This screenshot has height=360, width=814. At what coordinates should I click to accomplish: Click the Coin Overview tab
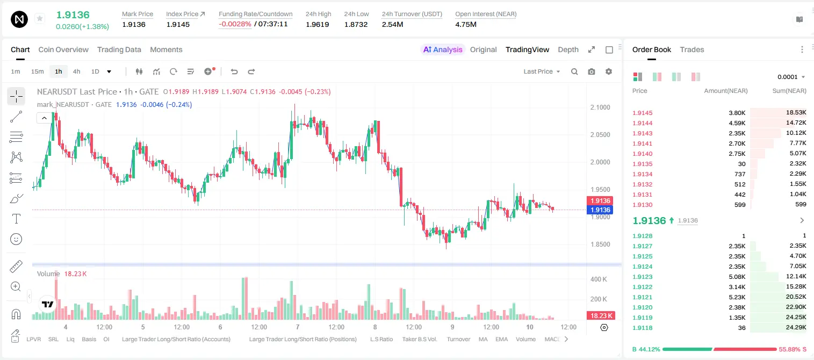point(63,49)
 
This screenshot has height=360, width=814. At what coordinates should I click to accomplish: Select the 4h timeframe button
point(76,71)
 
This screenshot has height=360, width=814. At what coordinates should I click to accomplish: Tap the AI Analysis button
point(443,49)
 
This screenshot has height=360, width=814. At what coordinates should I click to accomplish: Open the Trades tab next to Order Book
point(691,49)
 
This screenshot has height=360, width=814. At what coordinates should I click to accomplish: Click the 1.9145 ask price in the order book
point(642,113)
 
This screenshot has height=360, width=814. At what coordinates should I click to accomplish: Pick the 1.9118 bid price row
point(642,328)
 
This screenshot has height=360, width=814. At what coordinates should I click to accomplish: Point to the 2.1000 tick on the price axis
point(600,107)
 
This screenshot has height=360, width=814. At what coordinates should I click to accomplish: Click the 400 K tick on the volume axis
point(599,279)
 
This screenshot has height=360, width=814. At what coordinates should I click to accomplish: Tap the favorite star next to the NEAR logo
point(40,18)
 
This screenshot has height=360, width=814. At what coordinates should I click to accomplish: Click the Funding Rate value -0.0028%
point(235,24)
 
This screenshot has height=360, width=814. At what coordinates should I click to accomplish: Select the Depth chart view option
point(568,49)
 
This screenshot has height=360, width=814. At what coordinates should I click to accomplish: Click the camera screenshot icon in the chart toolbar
point(591,71)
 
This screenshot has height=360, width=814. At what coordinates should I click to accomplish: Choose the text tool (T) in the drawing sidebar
point(16,219)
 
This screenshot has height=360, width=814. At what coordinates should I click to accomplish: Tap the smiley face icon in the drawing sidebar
point(16,239)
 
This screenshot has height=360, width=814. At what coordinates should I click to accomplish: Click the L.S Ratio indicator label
point(381,339)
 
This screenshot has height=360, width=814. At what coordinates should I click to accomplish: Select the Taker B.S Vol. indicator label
point(419,339)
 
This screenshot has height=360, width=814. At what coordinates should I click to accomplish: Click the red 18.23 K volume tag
point(601,316)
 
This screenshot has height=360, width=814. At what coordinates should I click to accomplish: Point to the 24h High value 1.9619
point(317,24)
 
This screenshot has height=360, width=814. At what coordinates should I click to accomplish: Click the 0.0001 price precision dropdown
point(791,77)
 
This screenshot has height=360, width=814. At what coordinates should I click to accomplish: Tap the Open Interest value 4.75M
point(465,24)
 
